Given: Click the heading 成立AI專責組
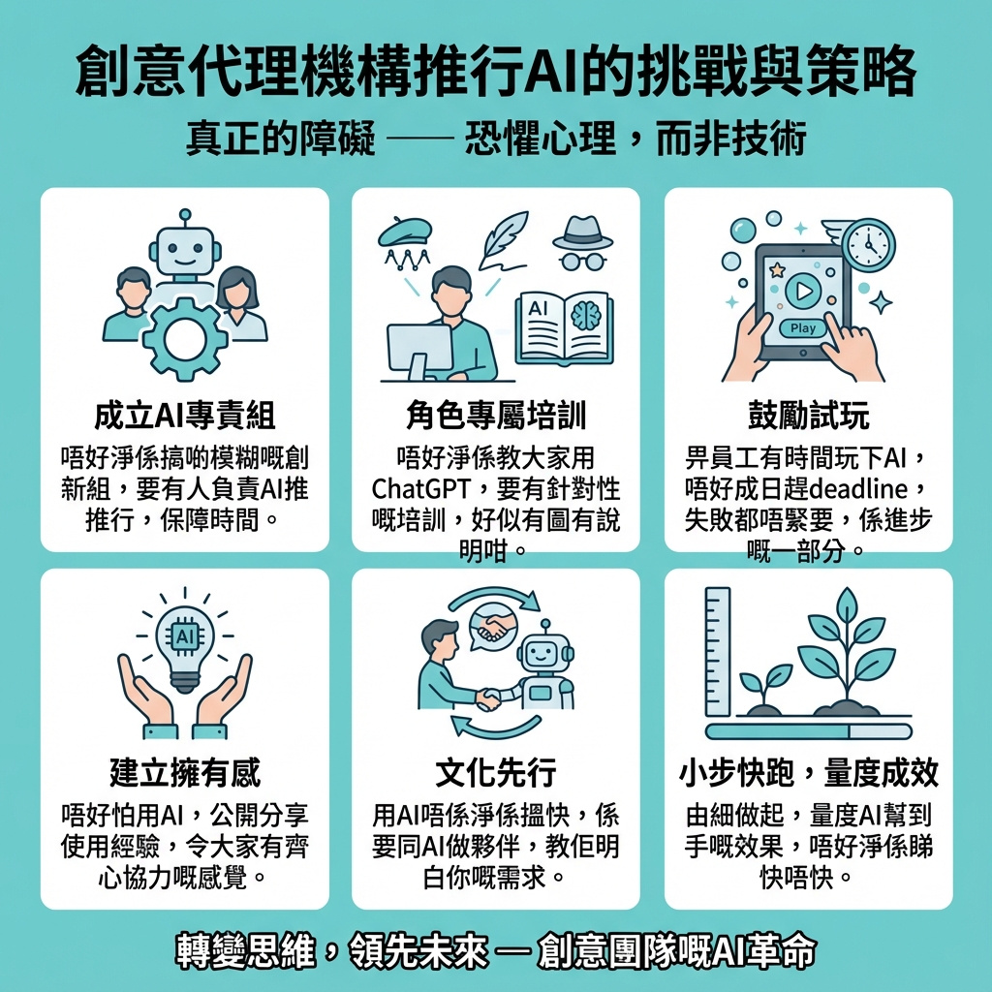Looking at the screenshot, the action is [x=185, y=416].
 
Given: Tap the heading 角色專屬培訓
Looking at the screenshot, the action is [x=496, y=416].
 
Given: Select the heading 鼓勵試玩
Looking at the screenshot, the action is [x=809, y=416].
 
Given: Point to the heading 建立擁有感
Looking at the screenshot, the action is [x=185, y=772].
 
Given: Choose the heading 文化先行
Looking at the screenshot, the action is [x=496, y=772].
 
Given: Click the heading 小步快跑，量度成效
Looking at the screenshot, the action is [x=809, y=772].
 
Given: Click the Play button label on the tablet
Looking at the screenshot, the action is [x=803, y=328].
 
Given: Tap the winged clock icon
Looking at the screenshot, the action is [x=864, y=243].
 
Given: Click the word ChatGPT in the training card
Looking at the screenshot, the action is [x=420, y=489].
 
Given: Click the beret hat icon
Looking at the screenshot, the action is [x=405, y=232].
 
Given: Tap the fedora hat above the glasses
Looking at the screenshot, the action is [x=582, y=233].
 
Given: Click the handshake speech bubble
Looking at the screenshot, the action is [x=493, y=627].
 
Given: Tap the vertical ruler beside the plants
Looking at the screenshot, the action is [x=718, y=652].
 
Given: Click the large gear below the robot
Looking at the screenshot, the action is [x=184, y=338].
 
